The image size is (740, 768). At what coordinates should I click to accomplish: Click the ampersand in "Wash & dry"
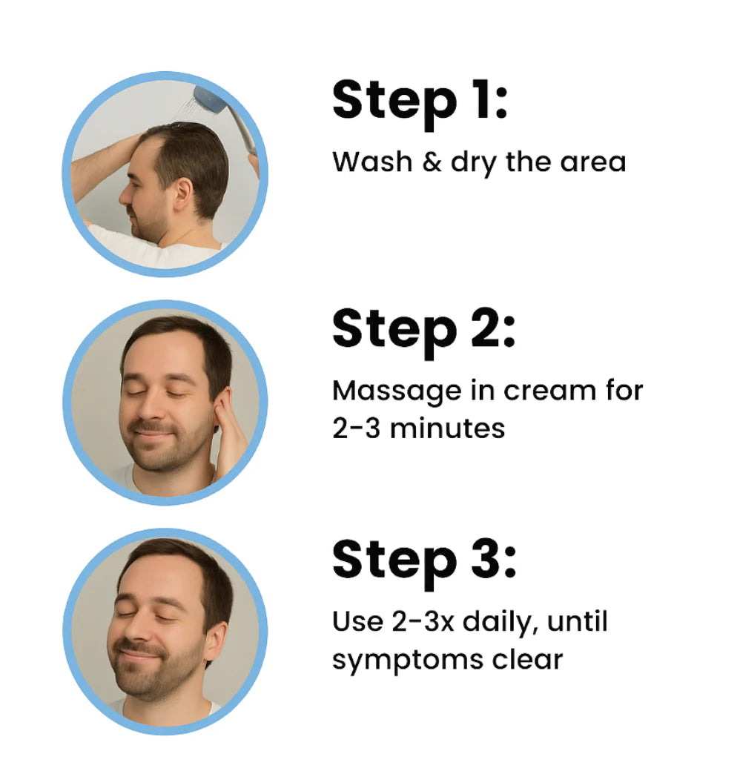pyautogui.click(x=432, y=162)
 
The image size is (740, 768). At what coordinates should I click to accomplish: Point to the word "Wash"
pyautogui.click(x=372, y=162)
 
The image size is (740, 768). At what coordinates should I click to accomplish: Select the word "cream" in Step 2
pyautogui.click(x=550, y=392)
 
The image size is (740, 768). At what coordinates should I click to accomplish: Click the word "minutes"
pyautogui.click(x=447, y=429)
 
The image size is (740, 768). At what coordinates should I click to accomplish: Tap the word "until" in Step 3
pyautogui.click(x=578, y=621)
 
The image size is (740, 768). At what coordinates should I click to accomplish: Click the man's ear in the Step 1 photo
pyautogui.click(x=183, y=195)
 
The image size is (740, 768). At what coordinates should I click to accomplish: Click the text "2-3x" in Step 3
pyautogui.click(x=423, y=621)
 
